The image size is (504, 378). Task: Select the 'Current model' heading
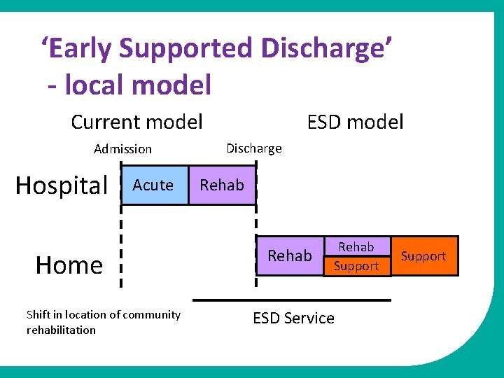[136, 122]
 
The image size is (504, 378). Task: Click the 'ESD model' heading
[356, 122]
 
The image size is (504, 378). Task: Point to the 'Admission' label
[122, 149]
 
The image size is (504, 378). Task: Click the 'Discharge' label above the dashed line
[253, 148]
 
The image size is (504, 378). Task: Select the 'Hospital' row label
[62, 185]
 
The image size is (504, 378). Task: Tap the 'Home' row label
[69, 265]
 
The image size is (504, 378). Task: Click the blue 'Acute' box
[155, 185]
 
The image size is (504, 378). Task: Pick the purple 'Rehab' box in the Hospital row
[222, 185]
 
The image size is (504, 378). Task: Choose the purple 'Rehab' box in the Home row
[289, 255]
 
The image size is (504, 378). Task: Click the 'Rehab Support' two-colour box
[356, 256]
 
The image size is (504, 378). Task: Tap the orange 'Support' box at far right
[423, 256]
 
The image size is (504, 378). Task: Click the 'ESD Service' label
[293, 318]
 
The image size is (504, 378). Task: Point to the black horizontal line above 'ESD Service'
[291, 300]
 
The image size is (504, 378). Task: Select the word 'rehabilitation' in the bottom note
[61, 330]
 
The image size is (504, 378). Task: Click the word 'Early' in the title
[77, 48]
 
